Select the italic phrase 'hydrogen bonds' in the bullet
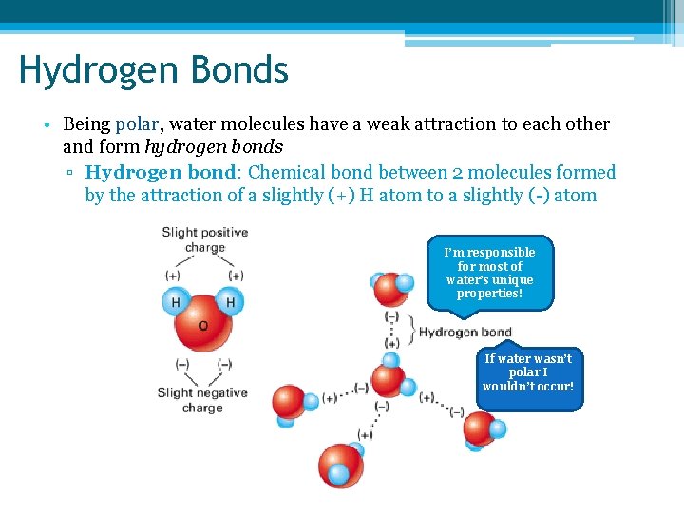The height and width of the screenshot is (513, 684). (x=213, y=147)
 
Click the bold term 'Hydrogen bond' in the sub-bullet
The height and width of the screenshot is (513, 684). (x=160, y=172)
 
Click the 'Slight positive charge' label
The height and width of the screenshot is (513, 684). (x=204, y=239)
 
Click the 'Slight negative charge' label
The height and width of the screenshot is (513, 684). (x=202, y=400)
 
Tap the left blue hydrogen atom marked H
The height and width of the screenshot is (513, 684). (x=176, y=302)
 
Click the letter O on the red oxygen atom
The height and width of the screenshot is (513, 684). (x=202, y=325)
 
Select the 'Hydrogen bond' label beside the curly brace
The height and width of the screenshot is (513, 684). (x=465, y=332)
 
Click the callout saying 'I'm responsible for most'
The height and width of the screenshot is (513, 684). (x=489, y=273)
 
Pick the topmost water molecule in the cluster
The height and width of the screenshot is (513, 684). (x=391, y=286)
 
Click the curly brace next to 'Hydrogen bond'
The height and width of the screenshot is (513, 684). (x=410, y=330)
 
